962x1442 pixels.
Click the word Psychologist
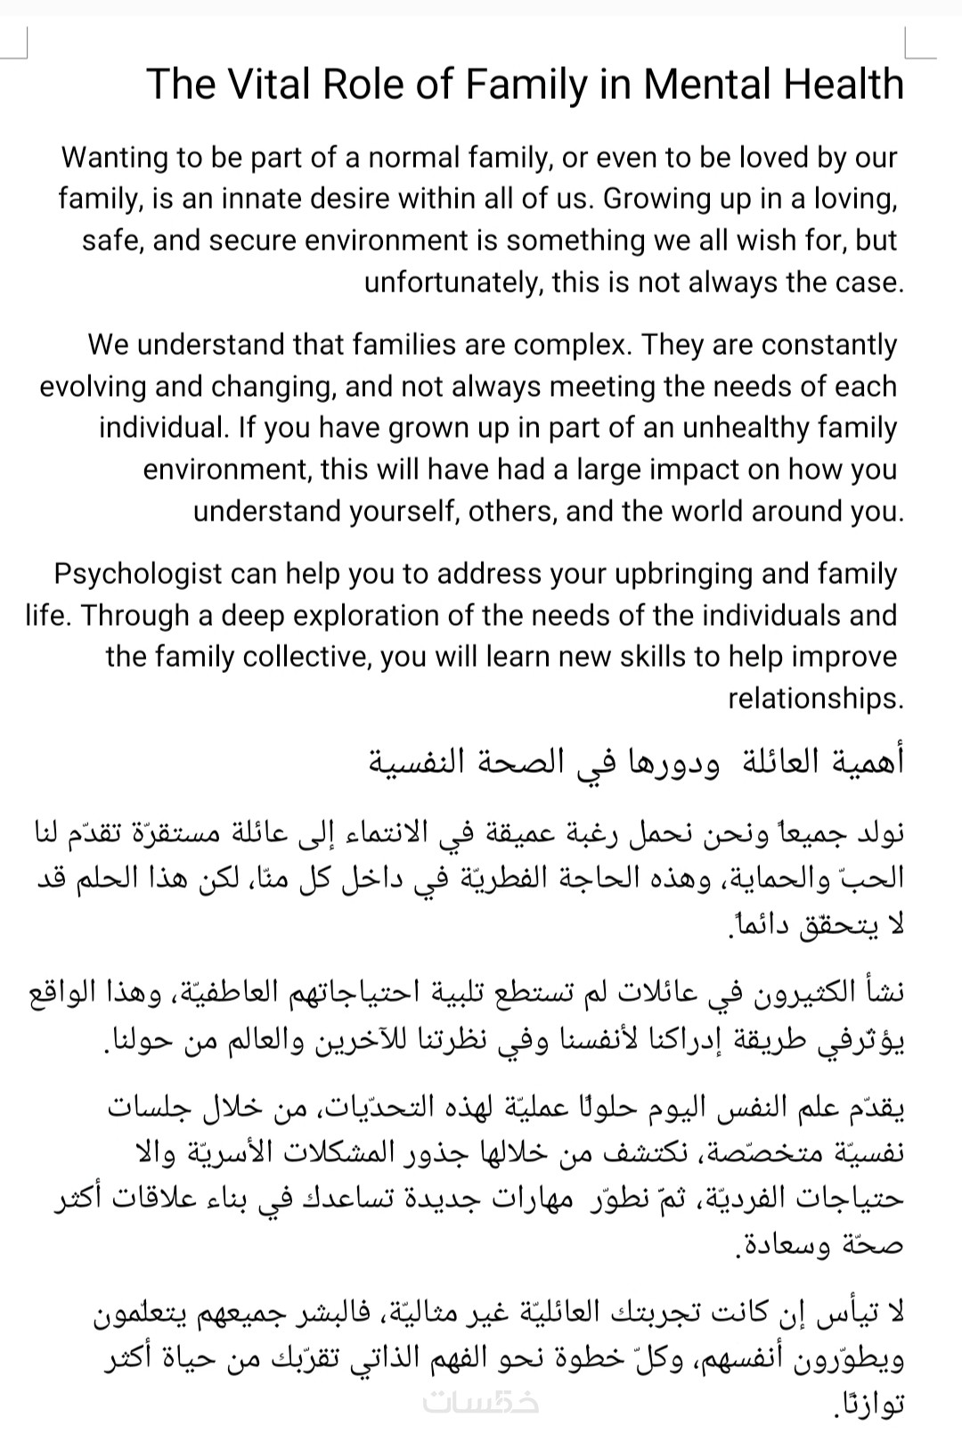point(137,573)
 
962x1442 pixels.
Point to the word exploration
point(366,615)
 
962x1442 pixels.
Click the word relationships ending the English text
point(815,699)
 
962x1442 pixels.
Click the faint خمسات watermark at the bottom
point(480,1402)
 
